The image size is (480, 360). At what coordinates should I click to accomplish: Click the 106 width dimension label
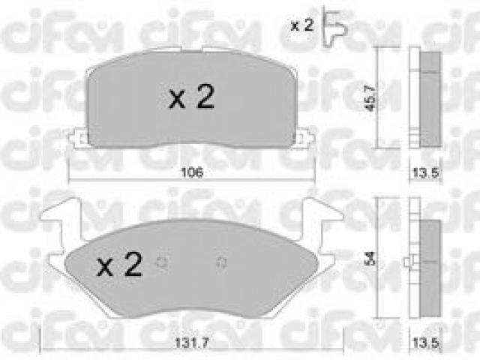tap(192, 172)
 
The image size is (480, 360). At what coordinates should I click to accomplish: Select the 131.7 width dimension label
tap(192, 343)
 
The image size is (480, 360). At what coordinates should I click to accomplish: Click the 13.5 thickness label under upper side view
tap(426, 173)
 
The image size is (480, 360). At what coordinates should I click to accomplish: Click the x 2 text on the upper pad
tap(192, 97)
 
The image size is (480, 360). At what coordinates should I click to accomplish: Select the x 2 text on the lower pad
tap(120, 264)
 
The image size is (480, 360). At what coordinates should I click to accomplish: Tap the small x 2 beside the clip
tap(301, 25)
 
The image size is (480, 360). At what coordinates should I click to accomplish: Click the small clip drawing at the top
tap(335, 27)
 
